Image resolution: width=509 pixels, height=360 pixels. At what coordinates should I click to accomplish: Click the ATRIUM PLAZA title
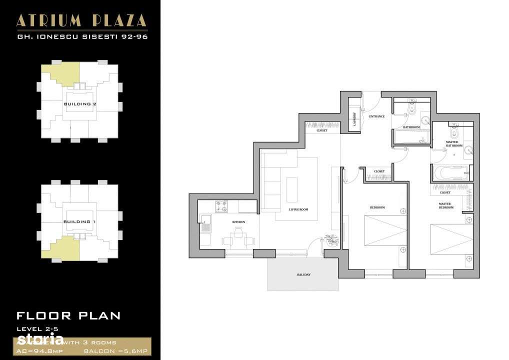81,20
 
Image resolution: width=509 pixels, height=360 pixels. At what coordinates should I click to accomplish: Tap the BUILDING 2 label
80,104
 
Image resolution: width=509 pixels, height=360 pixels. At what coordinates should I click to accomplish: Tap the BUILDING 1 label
80,221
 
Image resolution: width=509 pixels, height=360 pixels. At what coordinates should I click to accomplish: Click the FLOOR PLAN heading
68,315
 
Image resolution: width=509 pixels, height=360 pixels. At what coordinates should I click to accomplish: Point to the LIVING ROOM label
298,209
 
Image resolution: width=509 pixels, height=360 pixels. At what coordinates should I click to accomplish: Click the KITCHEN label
238,221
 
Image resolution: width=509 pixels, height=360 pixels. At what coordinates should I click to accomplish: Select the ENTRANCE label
376,116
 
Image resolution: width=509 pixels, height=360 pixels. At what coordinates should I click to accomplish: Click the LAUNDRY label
354,120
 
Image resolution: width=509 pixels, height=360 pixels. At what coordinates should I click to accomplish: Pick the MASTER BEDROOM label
445,205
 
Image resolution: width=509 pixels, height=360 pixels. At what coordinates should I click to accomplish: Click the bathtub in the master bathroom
450,173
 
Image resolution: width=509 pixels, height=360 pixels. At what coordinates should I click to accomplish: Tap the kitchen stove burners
221,205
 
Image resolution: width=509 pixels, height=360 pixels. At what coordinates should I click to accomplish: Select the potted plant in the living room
329,239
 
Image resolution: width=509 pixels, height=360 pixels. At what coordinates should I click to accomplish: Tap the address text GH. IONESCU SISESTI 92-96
81,36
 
